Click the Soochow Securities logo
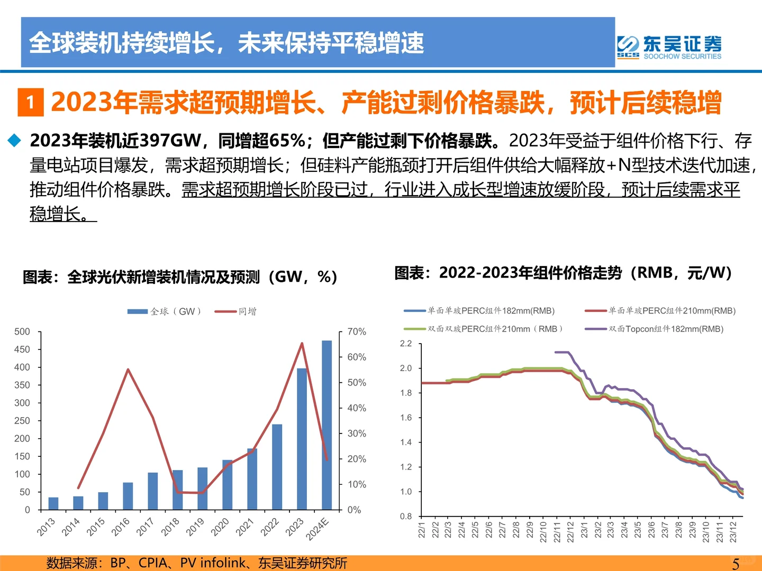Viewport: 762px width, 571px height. tap(669, 47)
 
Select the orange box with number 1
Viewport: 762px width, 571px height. tap(31, 102)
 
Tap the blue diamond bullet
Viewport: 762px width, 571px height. tap(14, 141)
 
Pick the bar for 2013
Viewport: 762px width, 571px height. tap(53, 503)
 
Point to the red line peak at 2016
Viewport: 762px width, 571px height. tap(128, 370)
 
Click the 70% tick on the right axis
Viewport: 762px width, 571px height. tap(357, 332)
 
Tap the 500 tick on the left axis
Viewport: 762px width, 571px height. tap(22, 332)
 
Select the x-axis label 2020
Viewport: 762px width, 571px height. tap(220, 527)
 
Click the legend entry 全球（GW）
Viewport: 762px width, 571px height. tap(164, 311)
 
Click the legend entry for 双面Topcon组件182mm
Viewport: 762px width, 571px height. tap(654, 329)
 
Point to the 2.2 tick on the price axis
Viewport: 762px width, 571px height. tap(406, 344)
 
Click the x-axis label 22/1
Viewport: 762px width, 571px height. tap(422, 530)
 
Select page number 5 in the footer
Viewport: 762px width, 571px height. tap(736, 564)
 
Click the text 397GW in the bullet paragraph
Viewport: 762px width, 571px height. tap(171, 141)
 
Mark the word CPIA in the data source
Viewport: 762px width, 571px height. tap(153, 563)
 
